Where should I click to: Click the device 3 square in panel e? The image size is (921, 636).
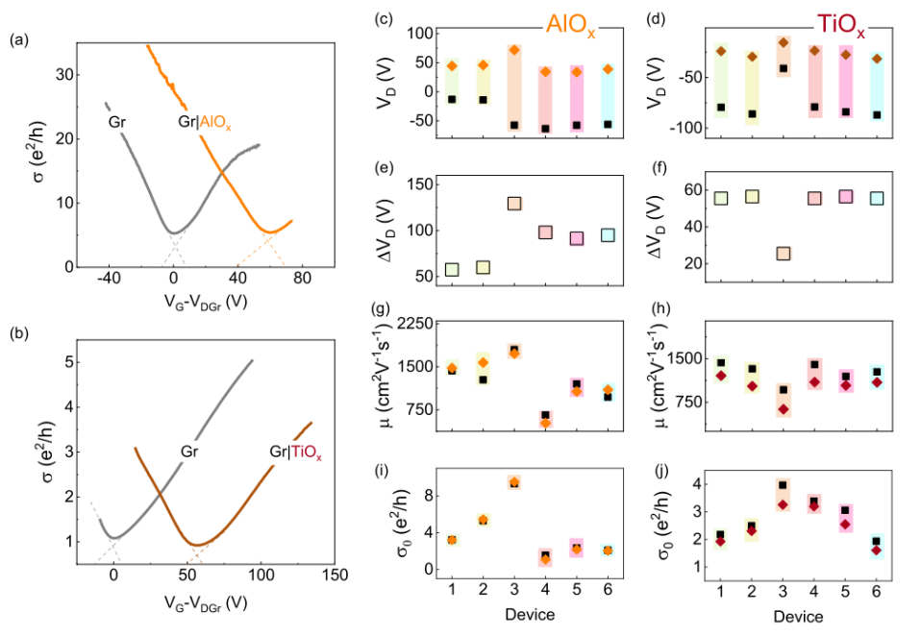pos(514,204)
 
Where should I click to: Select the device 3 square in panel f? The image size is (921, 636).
pos(784,254)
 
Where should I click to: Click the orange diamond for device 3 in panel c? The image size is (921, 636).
pos(514,50)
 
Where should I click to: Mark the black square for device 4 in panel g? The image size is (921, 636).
pos(546,415)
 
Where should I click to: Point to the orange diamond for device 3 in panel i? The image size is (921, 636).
pos(514,482)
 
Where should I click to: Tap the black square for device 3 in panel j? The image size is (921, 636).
pos(784,485)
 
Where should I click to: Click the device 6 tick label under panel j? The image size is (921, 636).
pos(876,593)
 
